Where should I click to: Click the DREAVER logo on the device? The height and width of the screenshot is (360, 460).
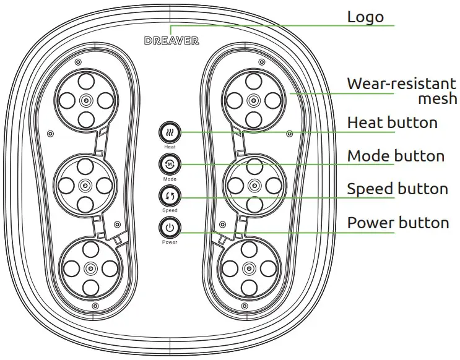(x=171, y=41)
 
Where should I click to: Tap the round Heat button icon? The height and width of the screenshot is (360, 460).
(x=170, y=133)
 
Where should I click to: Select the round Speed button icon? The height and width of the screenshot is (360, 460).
(x=170, y=197)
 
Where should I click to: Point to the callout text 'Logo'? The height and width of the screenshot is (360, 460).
(x=365, y=17)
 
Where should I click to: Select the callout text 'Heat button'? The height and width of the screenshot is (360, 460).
(x=392, y=122)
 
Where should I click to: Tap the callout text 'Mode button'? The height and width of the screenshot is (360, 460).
(x=396, y=156)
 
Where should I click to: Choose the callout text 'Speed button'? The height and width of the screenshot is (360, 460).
(x=397, y=189)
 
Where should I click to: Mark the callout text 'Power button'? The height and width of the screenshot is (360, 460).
(x=397, y=222)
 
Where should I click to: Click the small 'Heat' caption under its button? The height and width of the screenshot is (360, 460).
(x=170, y=148)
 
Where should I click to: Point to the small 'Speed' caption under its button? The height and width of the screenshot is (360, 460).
(x=170, y=211)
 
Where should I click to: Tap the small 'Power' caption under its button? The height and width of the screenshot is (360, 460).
(x=170, y=242)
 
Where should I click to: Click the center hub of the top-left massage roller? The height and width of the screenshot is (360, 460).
(x=85, y=100)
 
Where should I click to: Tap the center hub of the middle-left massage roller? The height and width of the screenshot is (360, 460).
(x=85, y=184)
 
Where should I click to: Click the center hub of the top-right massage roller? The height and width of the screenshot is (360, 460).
(x=252, y=100)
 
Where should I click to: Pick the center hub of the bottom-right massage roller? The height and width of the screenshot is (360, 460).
(x=249, y=268)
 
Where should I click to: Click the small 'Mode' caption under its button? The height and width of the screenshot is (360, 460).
(x=170, y=179)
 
